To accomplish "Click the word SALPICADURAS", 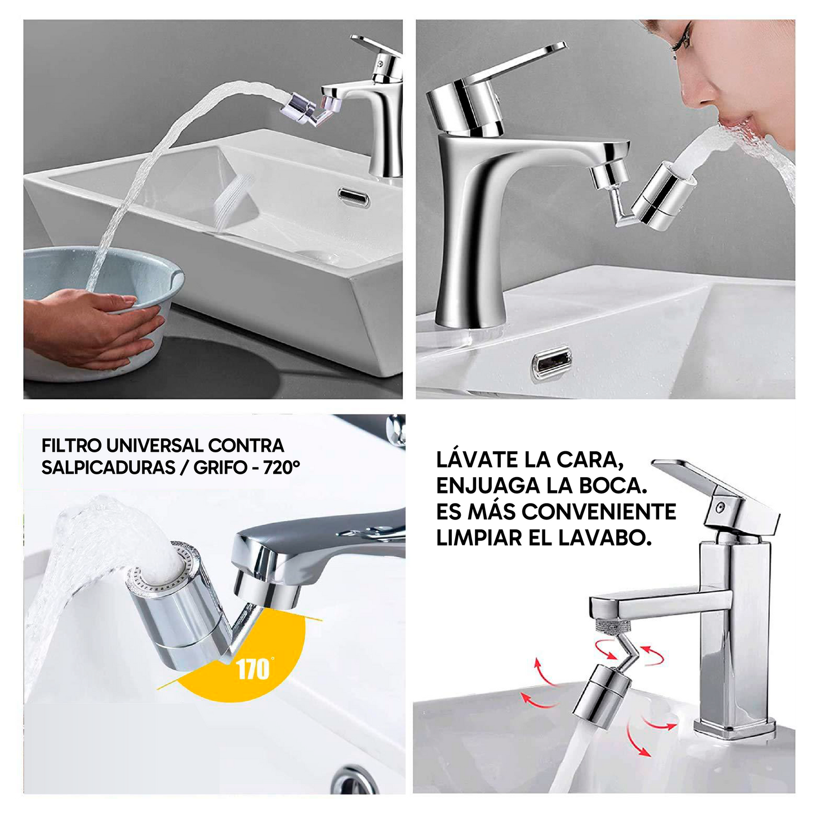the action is (109, 468).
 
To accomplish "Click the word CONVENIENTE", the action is (599, 513).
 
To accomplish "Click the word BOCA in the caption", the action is (613, 486).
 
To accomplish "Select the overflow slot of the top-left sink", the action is (354, 197).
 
